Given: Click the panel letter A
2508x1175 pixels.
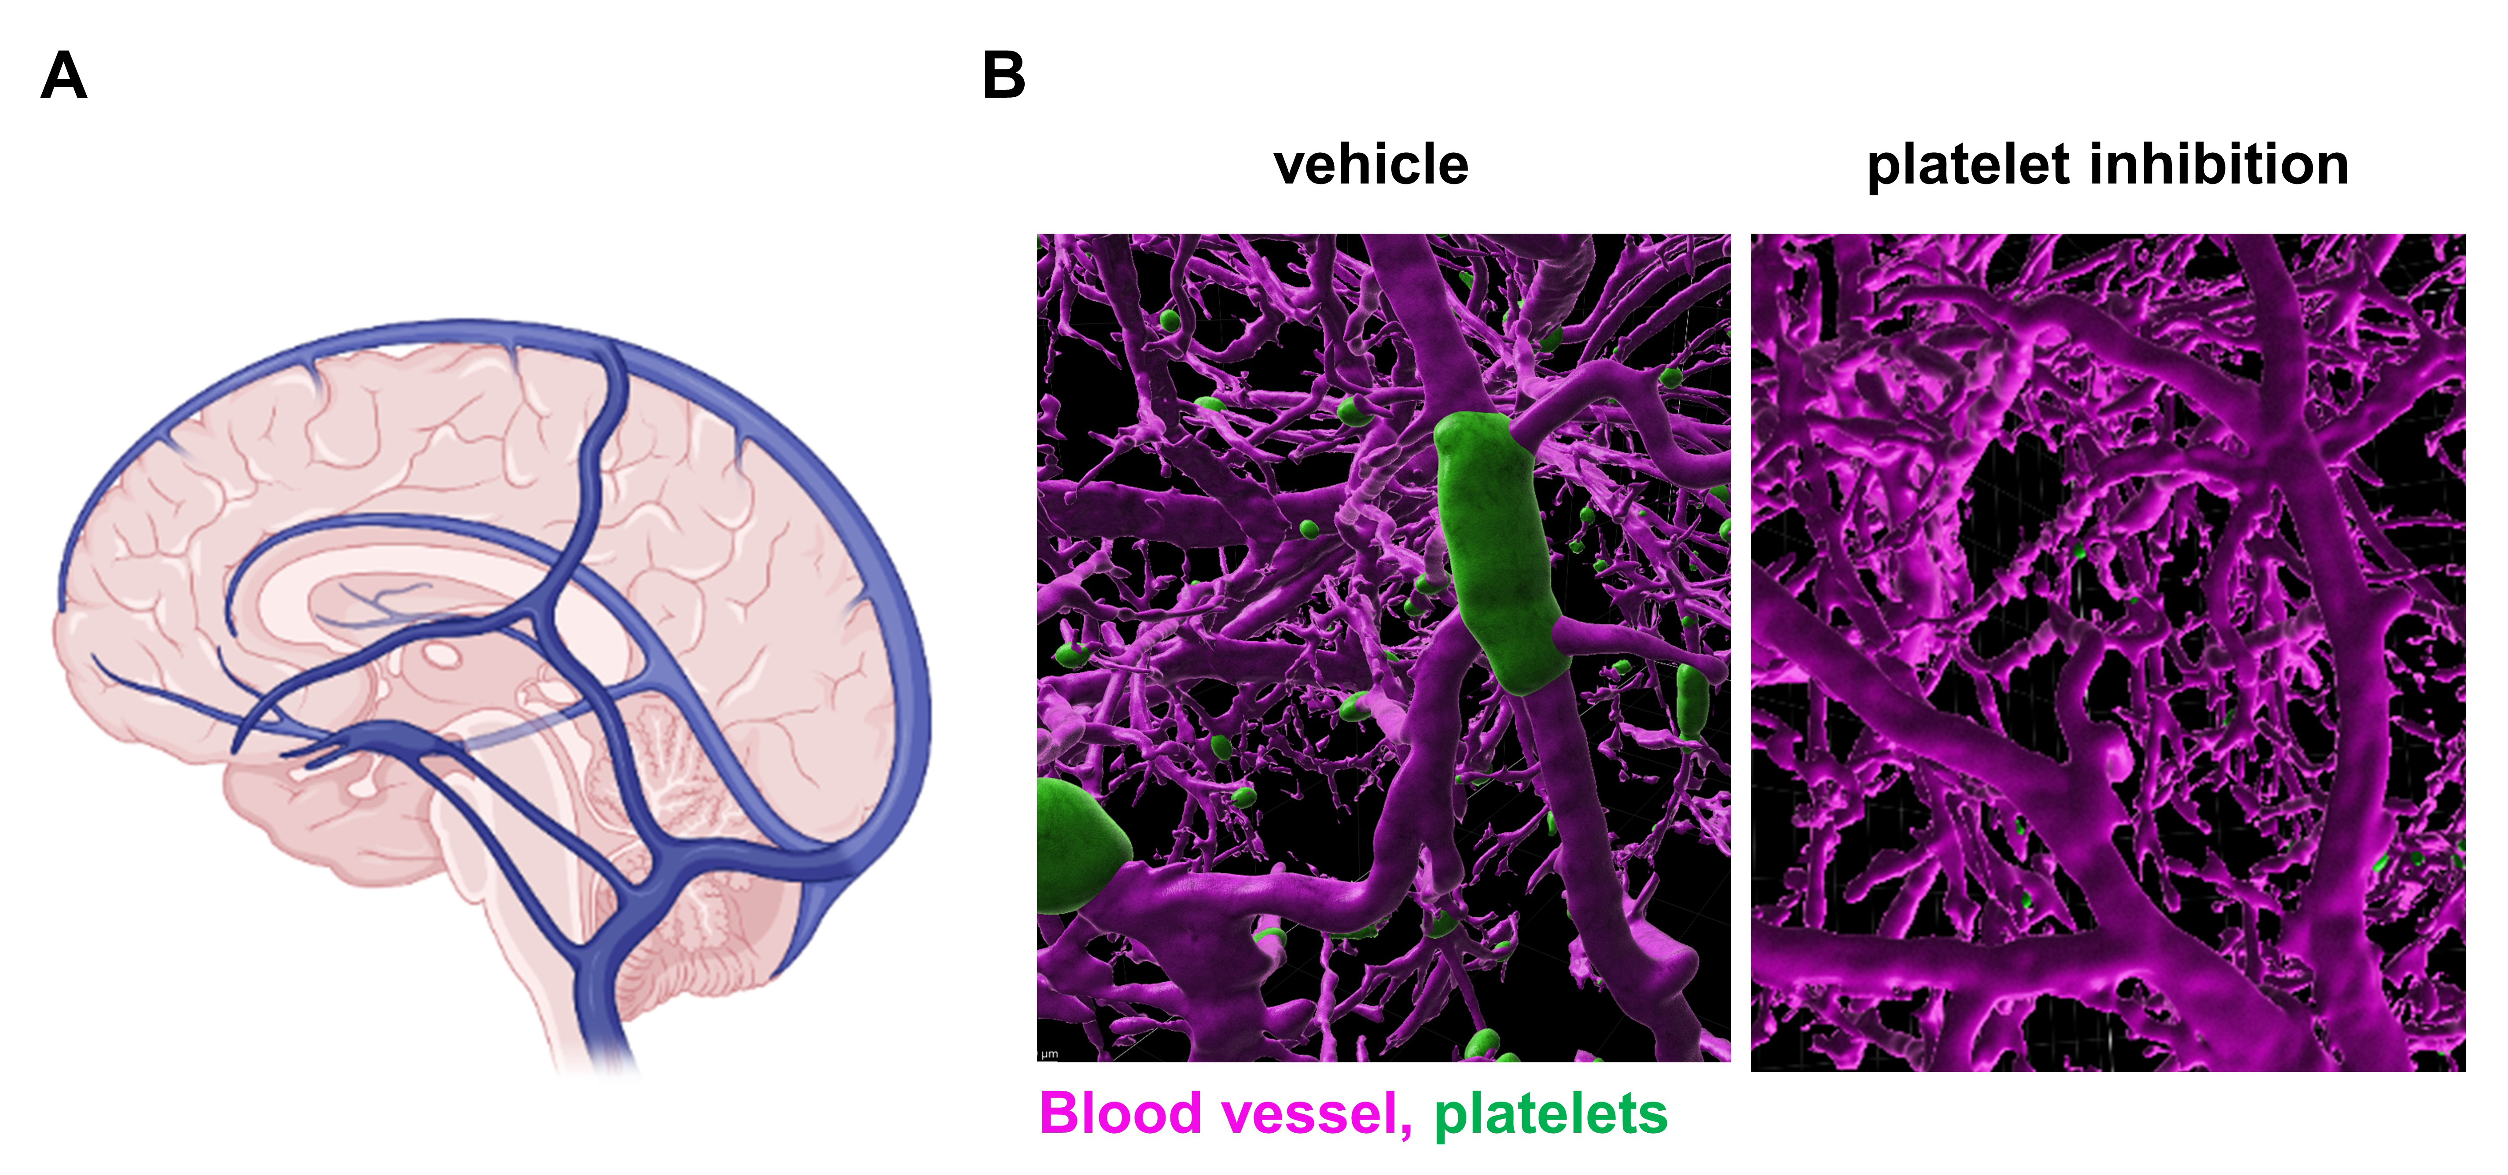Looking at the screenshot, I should pyautogui.click(x=64, y=76).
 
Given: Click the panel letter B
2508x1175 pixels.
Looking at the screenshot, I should pyautogui.click(x=1004, y=76).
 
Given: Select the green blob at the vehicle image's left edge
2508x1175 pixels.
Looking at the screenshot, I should pyautogui.click(x=1076, y=847).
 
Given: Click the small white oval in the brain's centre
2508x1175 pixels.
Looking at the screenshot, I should pyautogui.click(x=443, y=657).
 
